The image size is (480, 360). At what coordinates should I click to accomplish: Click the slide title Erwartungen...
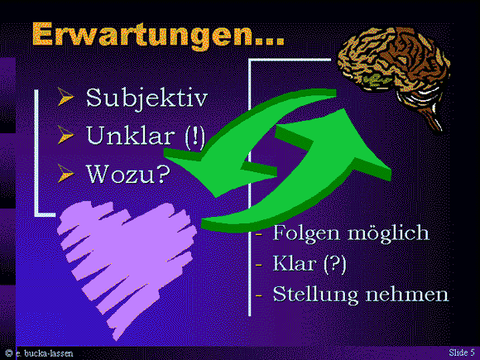click(x=157, y=36)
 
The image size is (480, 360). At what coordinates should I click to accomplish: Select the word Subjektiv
click(x=146, y=98)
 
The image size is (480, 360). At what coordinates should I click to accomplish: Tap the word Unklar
click(x=128, y=135)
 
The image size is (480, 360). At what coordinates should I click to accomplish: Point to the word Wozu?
click(x=128, y=174)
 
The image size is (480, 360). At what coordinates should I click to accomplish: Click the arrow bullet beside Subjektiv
click(x=65, y=97)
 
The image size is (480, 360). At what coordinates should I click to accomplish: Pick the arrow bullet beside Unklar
click(x=65, y=135)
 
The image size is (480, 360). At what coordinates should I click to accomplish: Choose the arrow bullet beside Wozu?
click(x=65, y=173)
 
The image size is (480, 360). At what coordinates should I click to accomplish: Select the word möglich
click(x=388, y=234)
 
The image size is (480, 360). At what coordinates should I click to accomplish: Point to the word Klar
click(x=294, y=263)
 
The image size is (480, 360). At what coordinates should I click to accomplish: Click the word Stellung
click(x=315, y=295)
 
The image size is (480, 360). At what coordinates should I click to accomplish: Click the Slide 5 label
click(x=462, y=353)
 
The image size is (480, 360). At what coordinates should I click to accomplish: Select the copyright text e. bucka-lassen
click(x=45, y=353)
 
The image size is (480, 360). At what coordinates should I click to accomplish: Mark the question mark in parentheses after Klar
click(x=335, y=264)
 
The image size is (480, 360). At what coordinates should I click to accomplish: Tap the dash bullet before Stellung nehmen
click(x=259, y=295)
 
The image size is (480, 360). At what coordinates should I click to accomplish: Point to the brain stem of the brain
click(x=434, y=121)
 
